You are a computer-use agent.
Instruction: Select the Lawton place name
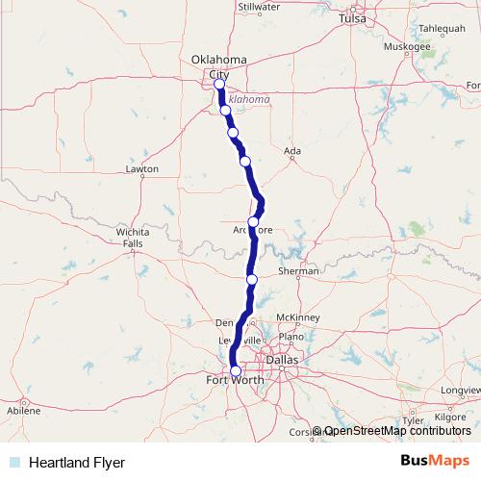click(x=141, y=169)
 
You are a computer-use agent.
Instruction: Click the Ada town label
click(x=295, y=151)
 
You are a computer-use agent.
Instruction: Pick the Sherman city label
click(x=298, y=271)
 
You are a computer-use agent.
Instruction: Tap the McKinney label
click(x=296, y=317)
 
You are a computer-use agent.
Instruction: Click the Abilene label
click(x=24, y=410)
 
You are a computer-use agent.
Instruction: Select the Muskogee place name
click(x=406, y=45)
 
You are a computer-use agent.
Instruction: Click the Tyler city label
click(x=414, y=420)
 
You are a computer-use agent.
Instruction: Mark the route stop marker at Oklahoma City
click(x=220, y=85)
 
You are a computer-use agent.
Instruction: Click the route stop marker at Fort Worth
click(x=236, y=371)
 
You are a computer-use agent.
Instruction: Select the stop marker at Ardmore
click(x=253, y=222)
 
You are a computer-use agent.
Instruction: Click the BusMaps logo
click(x=435, y=462)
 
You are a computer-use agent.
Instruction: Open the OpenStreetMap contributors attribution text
click(x=397, y=431)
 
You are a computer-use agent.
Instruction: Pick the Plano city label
click(x=289, y=339)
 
